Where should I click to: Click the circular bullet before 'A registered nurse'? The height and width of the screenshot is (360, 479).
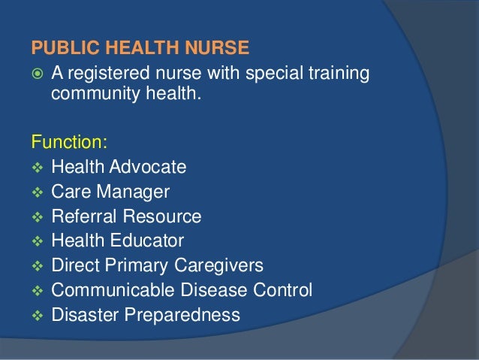pos(38,74)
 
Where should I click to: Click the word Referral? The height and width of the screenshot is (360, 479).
pos(80,216)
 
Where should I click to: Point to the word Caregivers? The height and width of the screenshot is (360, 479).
pos(224,265)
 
